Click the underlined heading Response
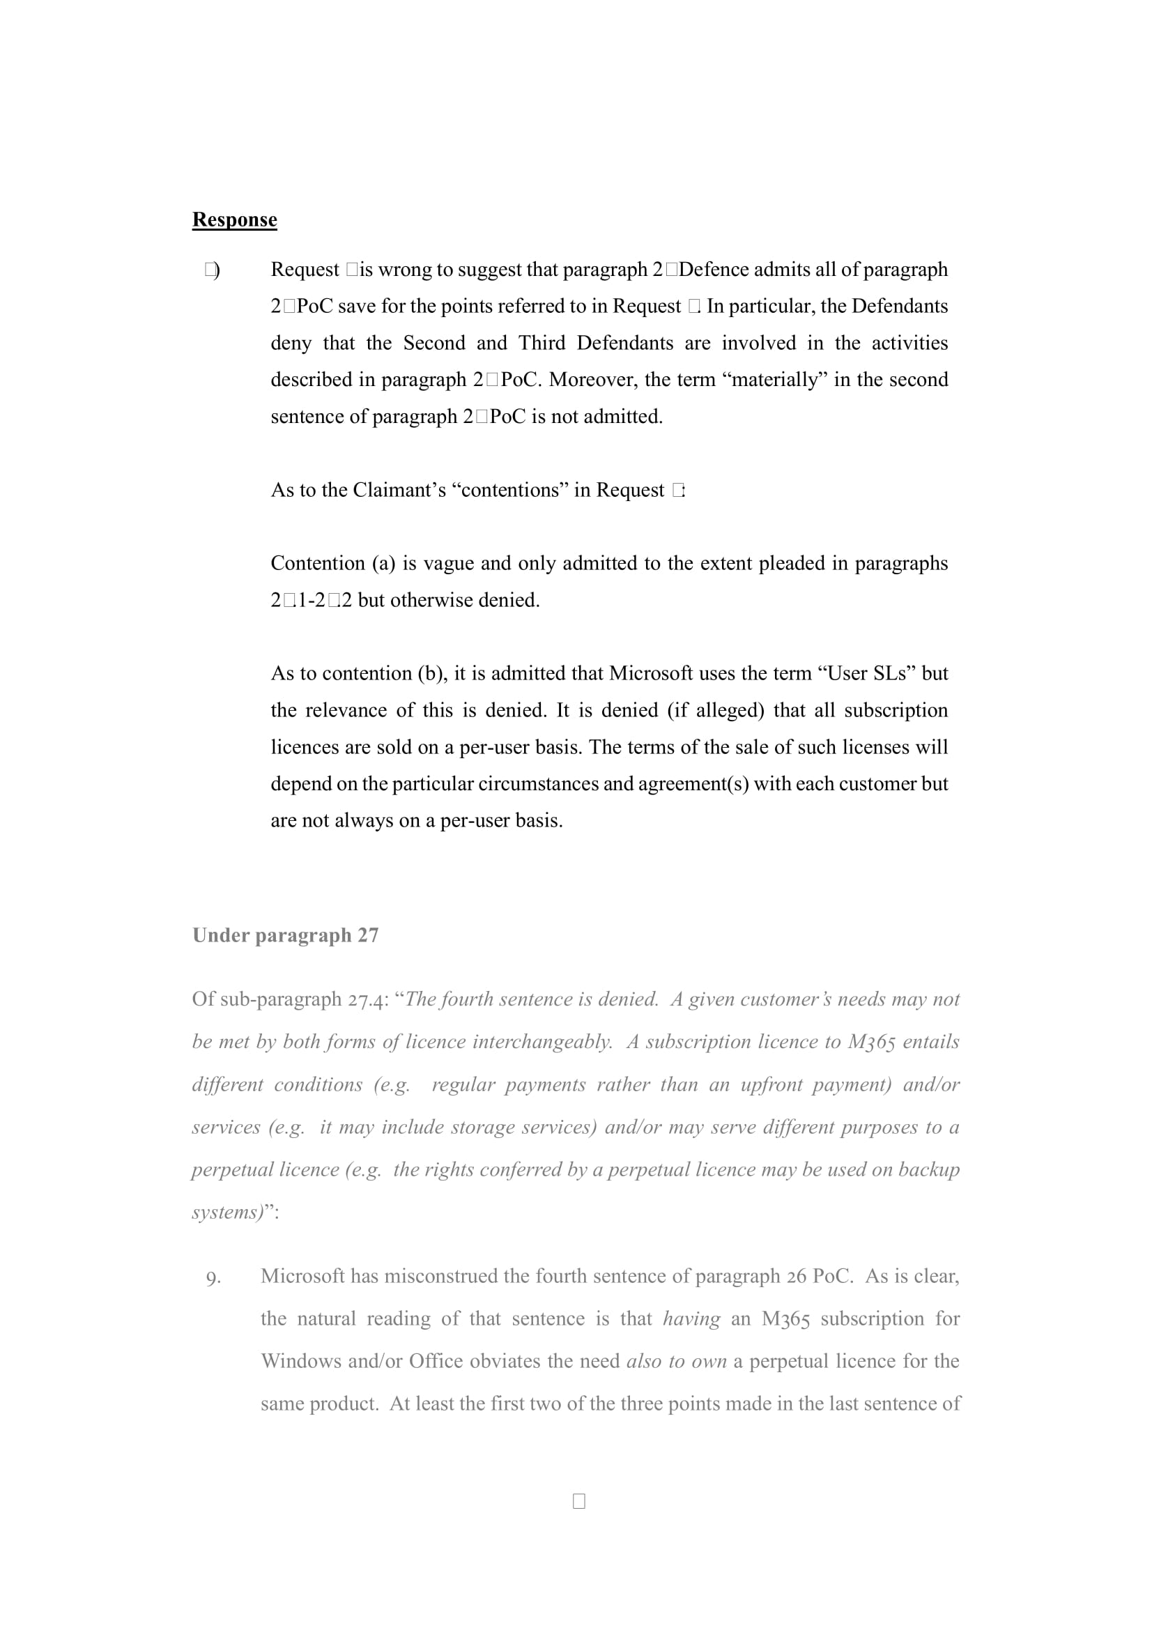click(234, 220)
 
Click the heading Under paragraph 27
click(285, 935)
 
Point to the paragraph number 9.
click(213, 1278)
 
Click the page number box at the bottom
click(578, 1501)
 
